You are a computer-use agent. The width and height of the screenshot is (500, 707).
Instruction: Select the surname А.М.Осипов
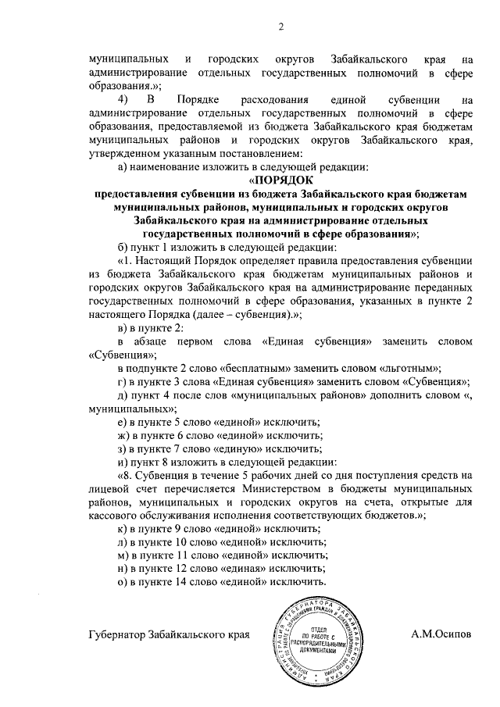pos(442,634)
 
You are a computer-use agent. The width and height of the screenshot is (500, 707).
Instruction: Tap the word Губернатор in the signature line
pos(124,634)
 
